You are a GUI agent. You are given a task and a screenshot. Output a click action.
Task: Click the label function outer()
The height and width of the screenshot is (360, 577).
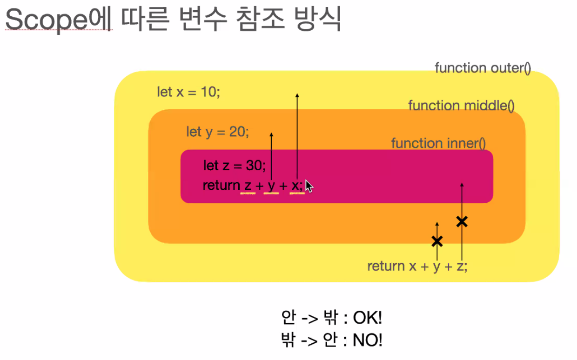pos(483,68)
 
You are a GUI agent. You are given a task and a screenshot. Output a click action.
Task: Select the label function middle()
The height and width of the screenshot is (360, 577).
pos(461,106)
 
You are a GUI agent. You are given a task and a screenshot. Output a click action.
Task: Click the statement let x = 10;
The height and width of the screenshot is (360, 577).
pos(188,92)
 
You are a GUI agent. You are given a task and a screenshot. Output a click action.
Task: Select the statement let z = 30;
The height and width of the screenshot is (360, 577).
pos(234,165)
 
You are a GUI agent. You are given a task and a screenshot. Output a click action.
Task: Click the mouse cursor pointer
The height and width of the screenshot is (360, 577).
pos(309,186)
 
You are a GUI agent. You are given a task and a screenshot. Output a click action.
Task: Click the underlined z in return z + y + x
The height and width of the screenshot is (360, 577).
pos(248,186)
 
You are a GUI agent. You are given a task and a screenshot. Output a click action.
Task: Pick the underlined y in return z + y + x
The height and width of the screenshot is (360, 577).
pos(271,186)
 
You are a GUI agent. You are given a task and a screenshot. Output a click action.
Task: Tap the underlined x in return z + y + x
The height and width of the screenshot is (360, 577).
pos(295,186)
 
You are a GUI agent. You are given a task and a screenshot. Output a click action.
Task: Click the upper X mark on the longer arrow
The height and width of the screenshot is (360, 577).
pos(462,222)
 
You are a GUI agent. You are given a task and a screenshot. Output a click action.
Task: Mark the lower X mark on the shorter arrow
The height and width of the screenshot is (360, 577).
pos(437,241)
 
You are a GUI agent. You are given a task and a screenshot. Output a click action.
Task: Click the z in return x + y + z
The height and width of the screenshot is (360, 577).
pos(460,267)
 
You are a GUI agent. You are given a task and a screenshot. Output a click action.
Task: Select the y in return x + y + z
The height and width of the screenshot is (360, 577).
pos(436,267)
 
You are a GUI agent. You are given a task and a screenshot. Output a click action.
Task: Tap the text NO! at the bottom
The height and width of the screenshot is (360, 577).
pos(368,340)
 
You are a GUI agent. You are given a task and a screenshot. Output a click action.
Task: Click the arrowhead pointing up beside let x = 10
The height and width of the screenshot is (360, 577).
pos(297,95)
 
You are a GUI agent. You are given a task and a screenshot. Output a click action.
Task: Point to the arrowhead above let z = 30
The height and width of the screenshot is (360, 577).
pos(271,134)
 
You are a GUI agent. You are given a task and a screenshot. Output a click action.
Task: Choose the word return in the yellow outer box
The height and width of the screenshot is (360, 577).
pos(386,267)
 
